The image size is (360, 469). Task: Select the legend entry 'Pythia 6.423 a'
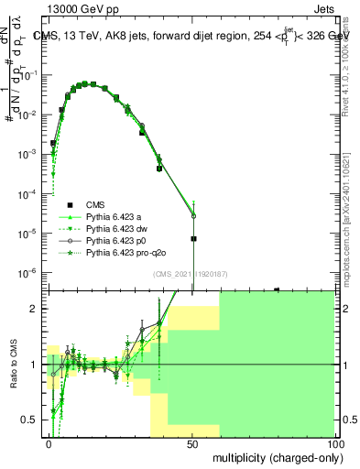click(x=114, y=216)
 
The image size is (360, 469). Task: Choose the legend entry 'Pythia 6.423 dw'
click(x=116, y=228)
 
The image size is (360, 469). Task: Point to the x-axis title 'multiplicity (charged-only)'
click(x=272, y=456)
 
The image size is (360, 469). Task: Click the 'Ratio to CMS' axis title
click(x=15, y=365)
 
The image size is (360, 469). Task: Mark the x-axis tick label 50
click(x=192, y=443)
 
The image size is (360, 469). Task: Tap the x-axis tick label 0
click(x=49, y=443)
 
